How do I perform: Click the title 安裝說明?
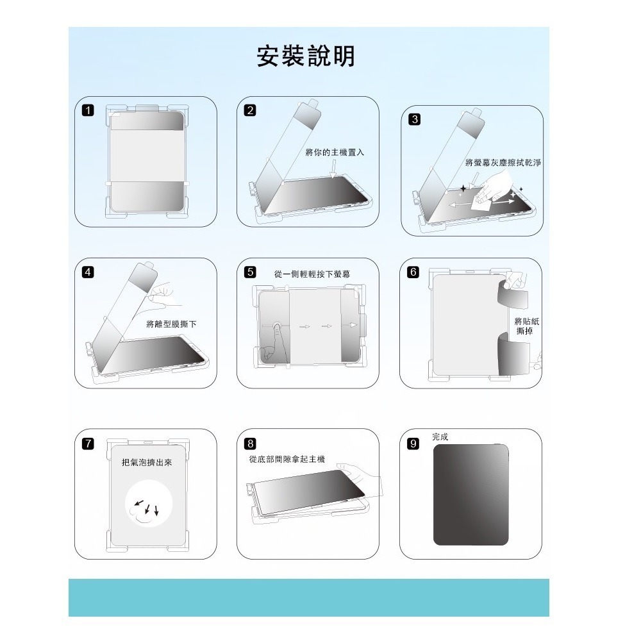coord(305,56)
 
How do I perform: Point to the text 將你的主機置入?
coord(335,152)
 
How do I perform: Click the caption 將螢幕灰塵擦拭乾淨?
coord(503,163)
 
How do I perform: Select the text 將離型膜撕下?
coord(171,324)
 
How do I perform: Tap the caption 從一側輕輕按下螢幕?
coord(312,274)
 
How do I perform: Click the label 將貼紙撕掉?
coord(526,326)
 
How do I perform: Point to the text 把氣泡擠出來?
coord(147,462)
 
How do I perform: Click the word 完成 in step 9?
coord(440,437)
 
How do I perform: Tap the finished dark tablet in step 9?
coord(471,494)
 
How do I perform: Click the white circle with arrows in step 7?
coord(148,506)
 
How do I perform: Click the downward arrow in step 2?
coord(334,169)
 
